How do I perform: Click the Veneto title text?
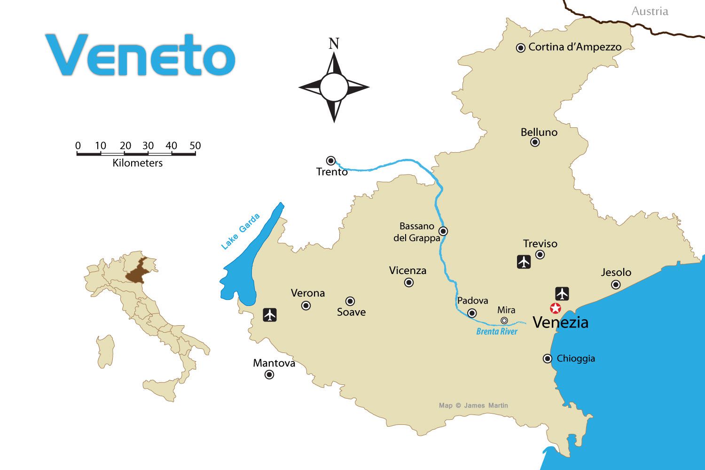(140, 55)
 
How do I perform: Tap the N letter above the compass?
(334, 44)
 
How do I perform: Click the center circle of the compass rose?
(334, 87)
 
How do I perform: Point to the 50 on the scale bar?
(195, 146)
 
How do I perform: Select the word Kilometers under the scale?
(137, 163)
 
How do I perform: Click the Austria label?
(650, 11)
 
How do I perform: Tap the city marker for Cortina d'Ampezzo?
(521, 47)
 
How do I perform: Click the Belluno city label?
(539, 132)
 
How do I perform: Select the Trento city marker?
(331, 160)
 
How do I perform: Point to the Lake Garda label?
(240, 231)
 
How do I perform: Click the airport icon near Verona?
(270, 314)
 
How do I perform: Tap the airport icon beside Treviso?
(524, 262)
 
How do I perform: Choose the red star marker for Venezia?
(556, 309)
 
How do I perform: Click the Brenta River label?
(497, 331)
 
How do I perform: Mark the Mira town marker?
(504, 321)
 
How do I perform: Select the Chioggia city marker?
(547, 359)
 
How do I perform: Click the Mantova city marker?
(269, 375)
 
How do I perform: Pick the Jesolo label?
(616, 272)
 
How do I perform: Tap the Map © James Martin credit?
(473, 405)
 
